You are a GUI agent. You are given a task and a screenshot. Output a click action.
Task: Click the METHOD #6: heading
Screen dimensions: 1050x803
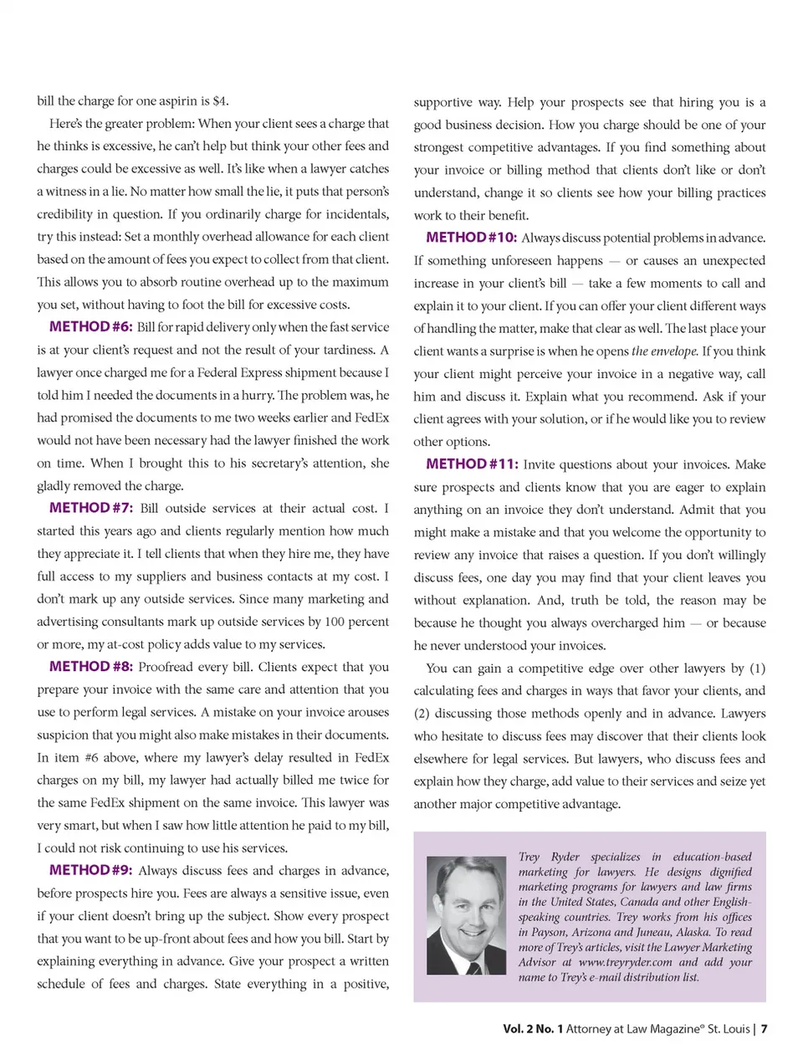click(90, 327)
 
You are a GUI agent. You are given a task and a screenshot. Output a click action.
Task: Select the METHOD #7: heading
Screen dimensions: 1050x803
click(90, 508)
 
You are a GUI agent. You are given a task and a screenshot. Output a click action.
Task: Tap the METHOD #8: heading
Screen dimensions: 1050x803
click(90, 667)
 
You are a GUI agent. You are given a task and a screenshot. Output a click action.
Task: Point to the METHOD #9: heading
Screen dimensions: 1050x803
click(90, 870)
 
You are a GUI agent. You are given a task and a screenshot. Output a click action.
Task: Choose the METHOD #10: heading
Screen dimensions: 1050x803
click(471, 238)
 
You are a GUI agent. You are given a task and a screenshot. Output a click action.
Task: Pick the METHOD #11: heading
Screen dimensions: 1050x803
click(472, 464)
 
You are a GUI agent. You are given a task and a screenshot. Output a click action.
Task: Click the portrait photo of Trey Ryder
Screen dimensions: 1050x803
click(466, 915)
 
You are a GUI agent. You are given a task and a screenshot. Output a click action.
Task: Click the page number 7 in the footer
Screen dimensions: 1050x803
click(764, 1029)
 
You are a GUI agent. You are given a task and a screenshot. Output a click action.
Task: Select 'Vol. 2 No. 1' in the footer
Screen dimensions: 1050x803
click(533, 1029)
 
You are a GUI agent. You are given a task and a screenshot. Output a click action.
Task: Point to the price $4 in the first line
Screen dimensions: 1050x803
click(219, 101)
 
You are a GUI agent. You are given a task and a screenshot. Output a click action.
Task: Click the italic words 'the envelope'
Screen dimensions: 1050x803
click(664, 351)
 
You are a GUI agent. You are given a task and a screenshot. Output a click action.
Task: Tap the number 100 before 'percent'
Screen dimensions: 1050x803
click(335, 622)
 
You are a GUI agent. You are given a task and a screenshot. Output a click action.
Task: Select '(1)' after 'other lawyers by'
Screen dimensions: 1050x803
click(757, 668)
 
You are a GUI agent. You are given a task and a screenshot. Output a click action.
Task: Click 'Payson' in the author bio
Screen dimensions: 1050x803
click(552, 932)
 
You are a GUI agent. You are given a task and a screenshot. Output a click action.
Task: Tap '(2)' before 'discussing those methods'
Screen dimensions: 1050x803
click(422, 714)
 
